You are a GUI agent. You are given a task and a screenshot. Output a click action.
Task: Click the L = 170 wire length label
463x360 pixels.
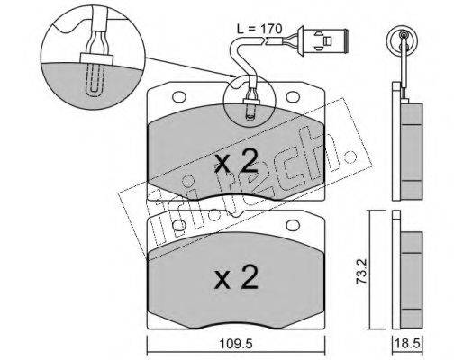tap(259, 30)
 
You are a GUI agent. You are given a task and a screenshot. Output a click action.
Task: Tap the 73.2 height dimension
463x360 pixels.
tap(360, 272)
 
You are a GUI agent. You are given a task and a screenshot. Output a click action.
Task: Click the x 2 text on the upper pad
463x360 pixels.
tap(236, 161)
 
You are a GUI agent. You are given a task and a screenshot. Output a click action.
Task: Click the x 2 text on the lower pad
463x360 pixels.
tap(236, 276)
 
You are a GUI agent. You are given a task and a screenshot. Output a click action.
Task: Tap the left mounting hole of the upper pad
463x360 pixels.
tap(179, 96)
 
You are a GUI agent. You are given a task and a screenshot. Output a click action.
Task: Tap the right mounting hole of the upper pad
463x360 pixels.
tap(293, 96)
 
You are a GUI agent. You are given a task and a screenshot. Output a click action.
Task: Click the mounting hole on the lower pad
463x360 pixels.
tap(293, 226)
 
